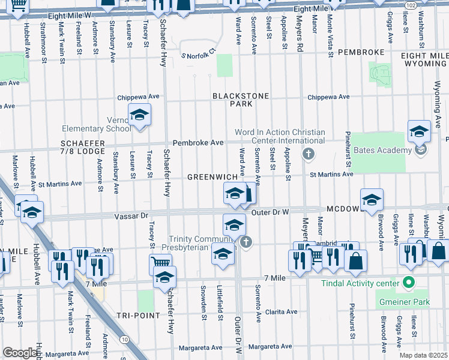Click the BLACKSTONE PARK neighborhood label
pos(229,100)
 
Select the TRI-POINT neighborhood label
pos(138,316)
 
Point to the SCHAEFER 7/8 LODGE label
pos(83,148)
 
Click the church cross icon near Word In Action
pos(309,154)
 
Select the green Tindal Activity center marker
pos(409,281)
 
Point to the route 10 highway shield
pos(124,340)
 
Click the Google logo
pos(20,353)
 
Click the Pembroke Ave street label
pos(198,143)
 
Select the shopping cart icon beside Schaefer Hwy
pos(160,263)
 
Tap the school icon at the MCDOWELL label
pos(372,199)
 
